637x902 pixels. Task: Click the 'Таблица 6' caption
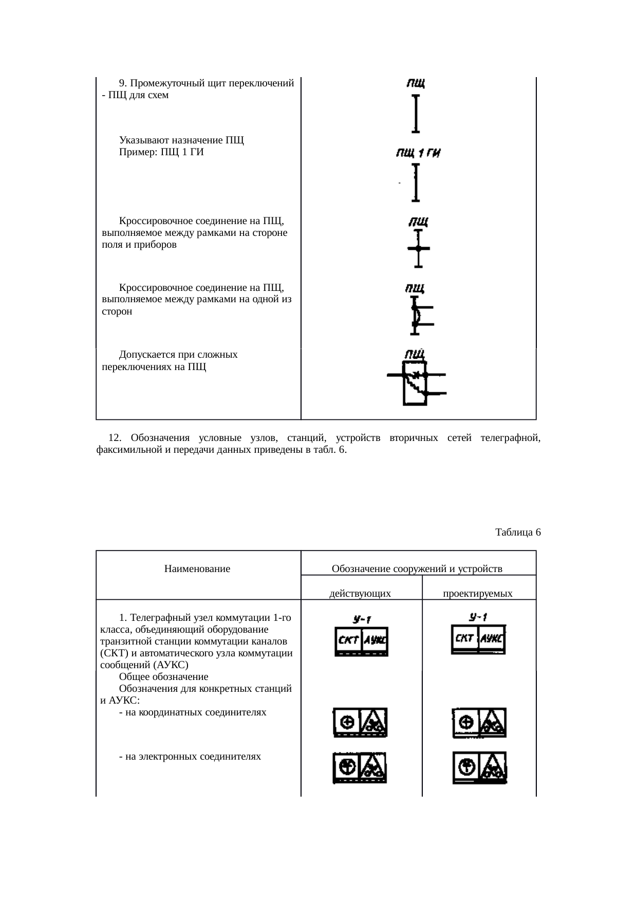(518, 532)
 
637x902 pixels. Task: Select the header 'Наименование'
(197, 569)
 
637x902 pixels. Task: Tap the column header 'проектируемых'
(478, 594)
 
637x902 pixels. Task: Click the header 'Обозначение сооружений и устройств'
(417, 569)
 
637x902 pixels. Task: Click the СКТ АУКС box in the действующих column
(361, 641)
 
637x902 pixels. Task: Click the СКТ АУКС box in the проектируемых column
(478, 639)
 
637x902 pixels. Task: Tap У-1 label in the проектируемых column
(478, 617)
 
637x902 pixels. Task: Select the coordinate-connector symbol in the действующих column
(361, 723)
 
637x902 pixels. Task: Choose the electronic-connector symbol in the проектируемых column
(479, 767)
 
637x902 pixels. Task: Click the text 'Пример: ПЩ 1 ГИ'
(161, 152)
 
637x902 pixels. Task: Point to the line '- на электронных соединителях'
(190, 756)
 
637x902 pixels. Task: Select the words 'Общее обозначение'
(163, 677)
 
